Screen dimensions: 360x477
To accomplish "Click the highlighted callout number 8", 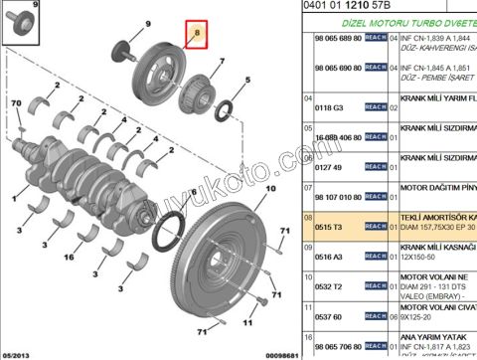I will [x=197, y=35].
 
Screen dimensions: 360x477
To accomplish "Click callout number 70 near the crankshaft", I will [x=16, y=103].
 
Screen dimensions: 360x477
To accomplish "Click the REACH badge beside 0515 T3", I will [x=376, y=226].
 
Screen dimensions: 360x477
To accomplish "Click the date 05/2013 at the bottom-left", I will [x=17, y=352].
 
